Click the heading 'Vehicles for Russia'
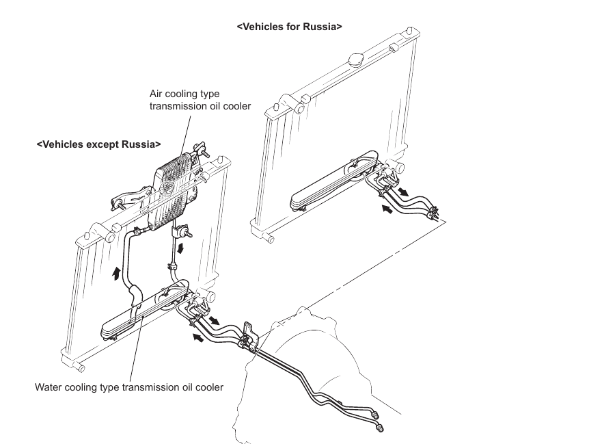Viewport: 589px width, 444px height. (289, 27)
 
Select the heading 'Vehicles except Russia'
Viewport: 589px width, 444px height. (99, 144)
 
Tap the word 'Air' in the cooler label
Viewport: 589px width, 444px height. (157, 94)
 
